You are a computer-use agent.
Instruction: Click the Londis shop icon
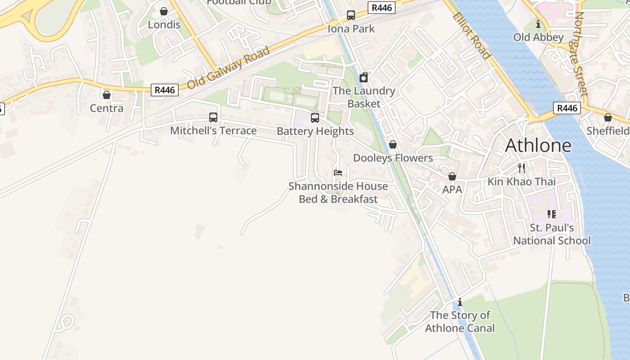tap(164, 11)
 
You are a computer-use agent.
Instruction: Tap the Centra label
tap(107, 108)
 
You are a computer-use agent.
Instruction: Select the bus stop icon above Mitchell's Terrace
tap(213, 117)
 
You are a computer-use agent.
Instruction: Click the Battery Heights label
tap(315, 131)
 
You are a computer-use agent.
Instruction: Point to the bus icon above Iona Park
tap(351, 15)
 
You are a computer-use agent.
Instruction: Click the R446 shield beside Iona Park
tap(382, 8)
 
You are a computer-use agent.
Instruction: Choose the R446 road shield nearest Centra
tap(165, 90)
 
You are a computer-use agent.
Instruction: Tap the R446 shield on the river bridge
tap(567, 108)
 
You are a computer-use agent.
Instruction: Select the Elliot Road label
tap(471, 36)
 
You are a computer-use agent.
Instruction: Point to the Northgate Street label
tap(581, 54)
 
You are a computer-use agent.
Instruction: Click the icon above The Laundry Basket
tap(364, 77)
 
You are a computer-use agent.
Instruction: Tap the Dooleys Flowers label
tap(393, 158)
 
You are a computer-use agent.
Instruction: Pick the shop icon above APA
tap(452, 176)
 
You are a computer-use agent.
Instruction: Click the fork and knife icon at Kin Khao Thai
tap(522, 168)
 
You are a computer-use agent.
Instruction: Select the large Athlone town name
tap(538, 145)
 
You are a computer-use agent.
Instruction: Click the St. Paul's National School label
tap(552, 234)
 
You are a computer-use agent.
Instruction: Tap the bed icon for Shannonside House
tap(338, 173)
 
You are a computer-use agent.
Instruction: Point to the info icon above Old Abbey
tap(538, 24)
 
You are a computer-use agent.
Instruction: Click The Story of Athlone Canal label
tap(460, 321)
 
